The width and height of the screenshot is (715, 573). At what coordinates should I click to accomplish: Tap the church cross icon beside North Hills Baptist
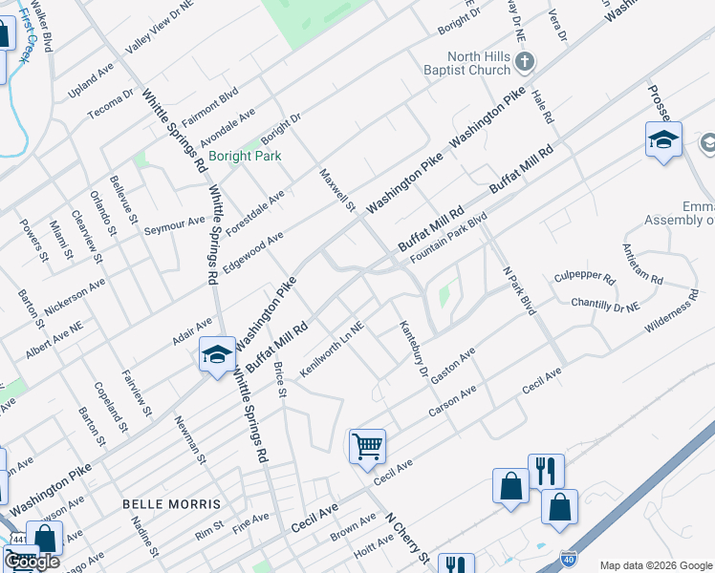[x=524, y=63]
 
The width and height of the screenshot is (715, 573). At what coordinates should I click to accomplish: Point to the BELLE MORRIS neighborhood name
[x=172, y=503]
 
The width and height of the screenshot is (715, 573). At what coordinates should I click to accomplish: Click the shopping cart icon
[x=367, y=446]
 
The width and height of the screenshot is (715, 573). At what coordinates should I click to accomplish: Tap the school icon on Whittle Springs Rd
[x=217, y=354]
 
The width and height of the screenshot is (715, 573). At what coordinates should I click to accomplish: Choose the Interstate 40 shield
[x=568, y=556]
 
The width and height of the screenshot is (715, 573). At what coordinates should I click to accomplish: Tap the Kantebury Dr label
[x=413, y=348]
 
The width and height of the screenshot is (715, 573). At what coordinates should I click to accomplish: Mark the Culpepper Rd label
[x=584, y=279]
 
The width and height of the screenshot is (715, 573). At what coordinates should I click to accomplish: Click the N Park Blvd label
[x=518, y=290]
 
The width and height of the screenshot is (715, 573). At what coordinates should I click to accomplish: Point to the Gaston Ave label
[x=453, y=367]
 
